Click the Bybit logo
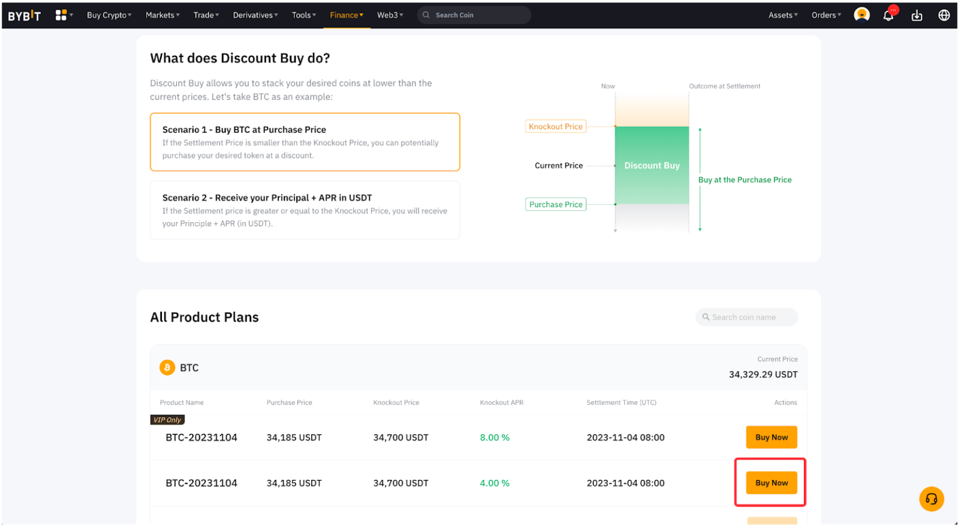point(24,15)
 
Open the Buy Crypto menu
point(109,15)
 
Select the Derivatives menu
point(255,15)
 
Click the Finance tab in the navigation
point(346,15)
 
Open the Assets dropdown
point(783,15)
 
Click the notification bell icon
point(888,15)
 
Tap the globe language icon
point(944,15)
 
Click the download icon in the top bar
point(917,15)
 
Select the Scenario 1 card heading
point(244,130)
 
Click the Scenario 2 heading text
point(267,198)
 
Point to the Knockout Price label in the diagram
point(555,127)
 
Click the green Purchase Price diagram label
point(555,204)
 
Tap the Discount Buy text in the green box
point(652,165)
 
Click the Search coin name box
point(746,317)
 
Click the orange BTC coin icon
point(167,367)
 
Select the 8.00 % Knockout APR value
point(494,437)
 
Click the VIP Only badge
point(167,420)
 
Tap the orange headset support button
point(931,499)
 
